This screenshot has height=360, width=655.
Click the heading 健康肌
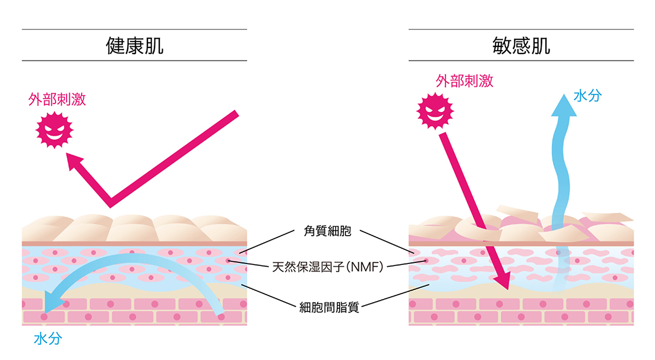pos(134,45)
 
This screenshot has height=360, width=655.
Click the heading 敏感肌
pos(521,45)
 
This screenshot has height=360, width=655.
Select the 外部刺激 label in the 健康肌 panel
pos(57,100)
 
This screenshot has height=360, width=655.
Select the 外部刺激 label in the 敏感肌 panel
pos(465,81)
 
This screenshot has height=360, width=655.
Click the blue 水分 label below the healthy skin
pos(48,339)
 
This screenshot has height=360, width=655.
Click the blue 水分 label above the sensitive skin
pos(588,96)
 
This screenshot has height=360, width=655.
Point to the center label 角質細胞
pos(326,231)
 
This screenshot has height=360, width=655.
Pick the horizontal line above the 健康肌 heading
pos(134,29)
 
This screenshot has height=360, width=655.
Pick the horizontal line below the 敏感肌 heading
pos(521,61)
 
